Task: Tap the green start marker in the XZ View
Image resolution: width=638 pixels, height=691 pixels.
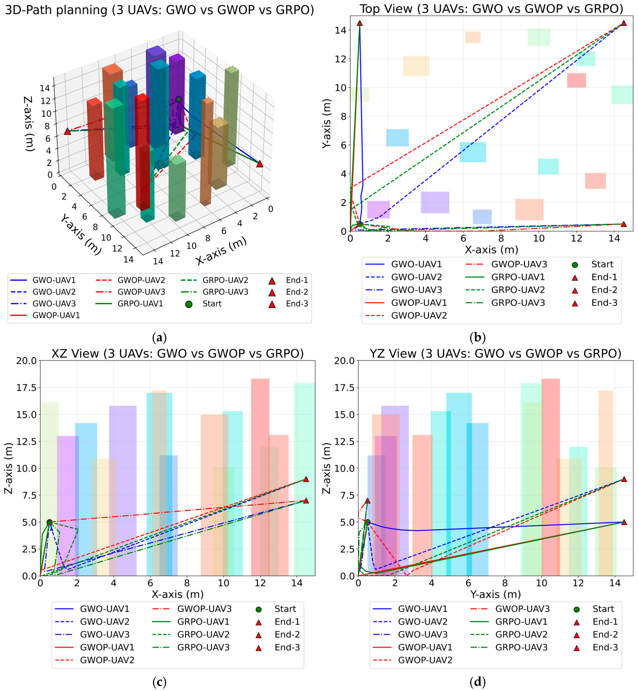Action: click(49, 522)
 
